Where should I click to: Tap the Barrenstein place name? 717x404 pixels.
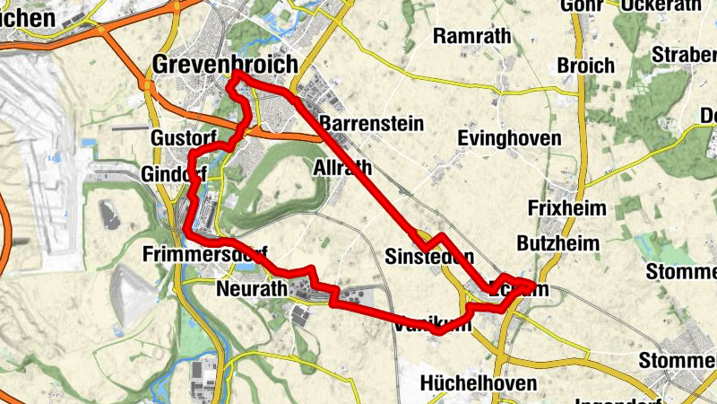pos(371,123)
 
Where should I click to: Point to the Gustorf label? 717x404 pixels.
pos(184,138)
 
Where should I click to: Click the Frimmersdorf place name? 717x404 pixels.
pos(204,255)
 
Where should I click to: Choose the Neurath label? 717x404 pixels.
pos(251,289)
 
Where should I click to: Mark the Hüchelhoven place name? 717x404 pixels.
pos(479,383)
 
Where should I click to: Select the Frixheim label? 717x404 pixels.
pos(567,208)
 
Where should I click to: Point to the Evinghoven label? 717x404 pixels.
pos(509,138)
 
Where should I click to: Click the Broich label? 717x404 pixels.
pos(586,66)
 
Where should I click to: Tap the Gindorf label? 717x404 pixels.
pos(174,172)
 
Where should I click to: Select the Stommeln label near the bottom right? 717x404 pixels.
pos(678,361)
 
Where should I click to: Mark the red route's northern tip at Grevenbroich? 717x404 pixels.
pos(235,78)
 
